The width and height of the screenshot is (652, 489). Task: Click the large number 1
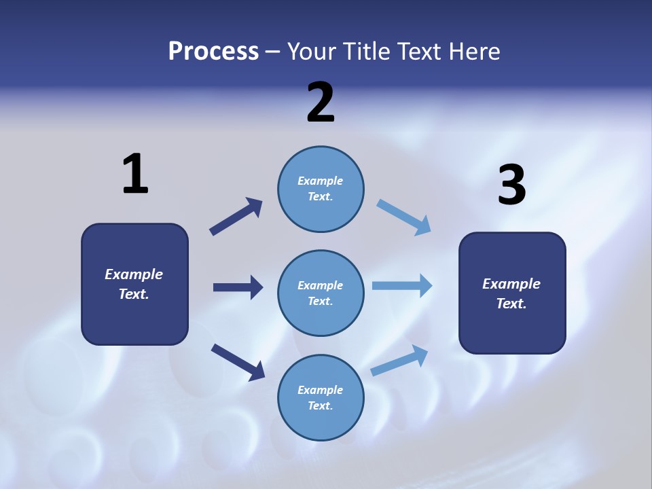(135, 175)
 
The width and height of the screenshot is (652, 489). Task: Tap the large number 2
(321, 103)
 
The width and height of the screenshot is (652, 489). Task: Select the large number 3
(511, 185)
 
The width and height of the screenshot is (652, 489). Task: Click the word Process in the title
(213, 51)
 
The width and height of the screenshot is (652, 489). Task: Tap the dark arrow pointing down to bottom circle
(238, 362)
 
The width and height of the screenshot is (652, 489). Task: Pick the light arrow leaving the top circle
(404, 217)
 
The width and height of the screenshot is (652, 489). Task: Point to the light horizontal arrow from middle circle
(402, 285)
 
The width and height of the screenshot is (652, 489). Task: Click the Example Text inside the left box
(134, 284)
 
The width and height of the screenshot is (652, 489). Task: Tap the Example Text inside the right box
(511, 293)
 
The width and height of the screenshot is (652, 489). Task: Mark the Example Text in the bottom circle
(320, 397)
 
